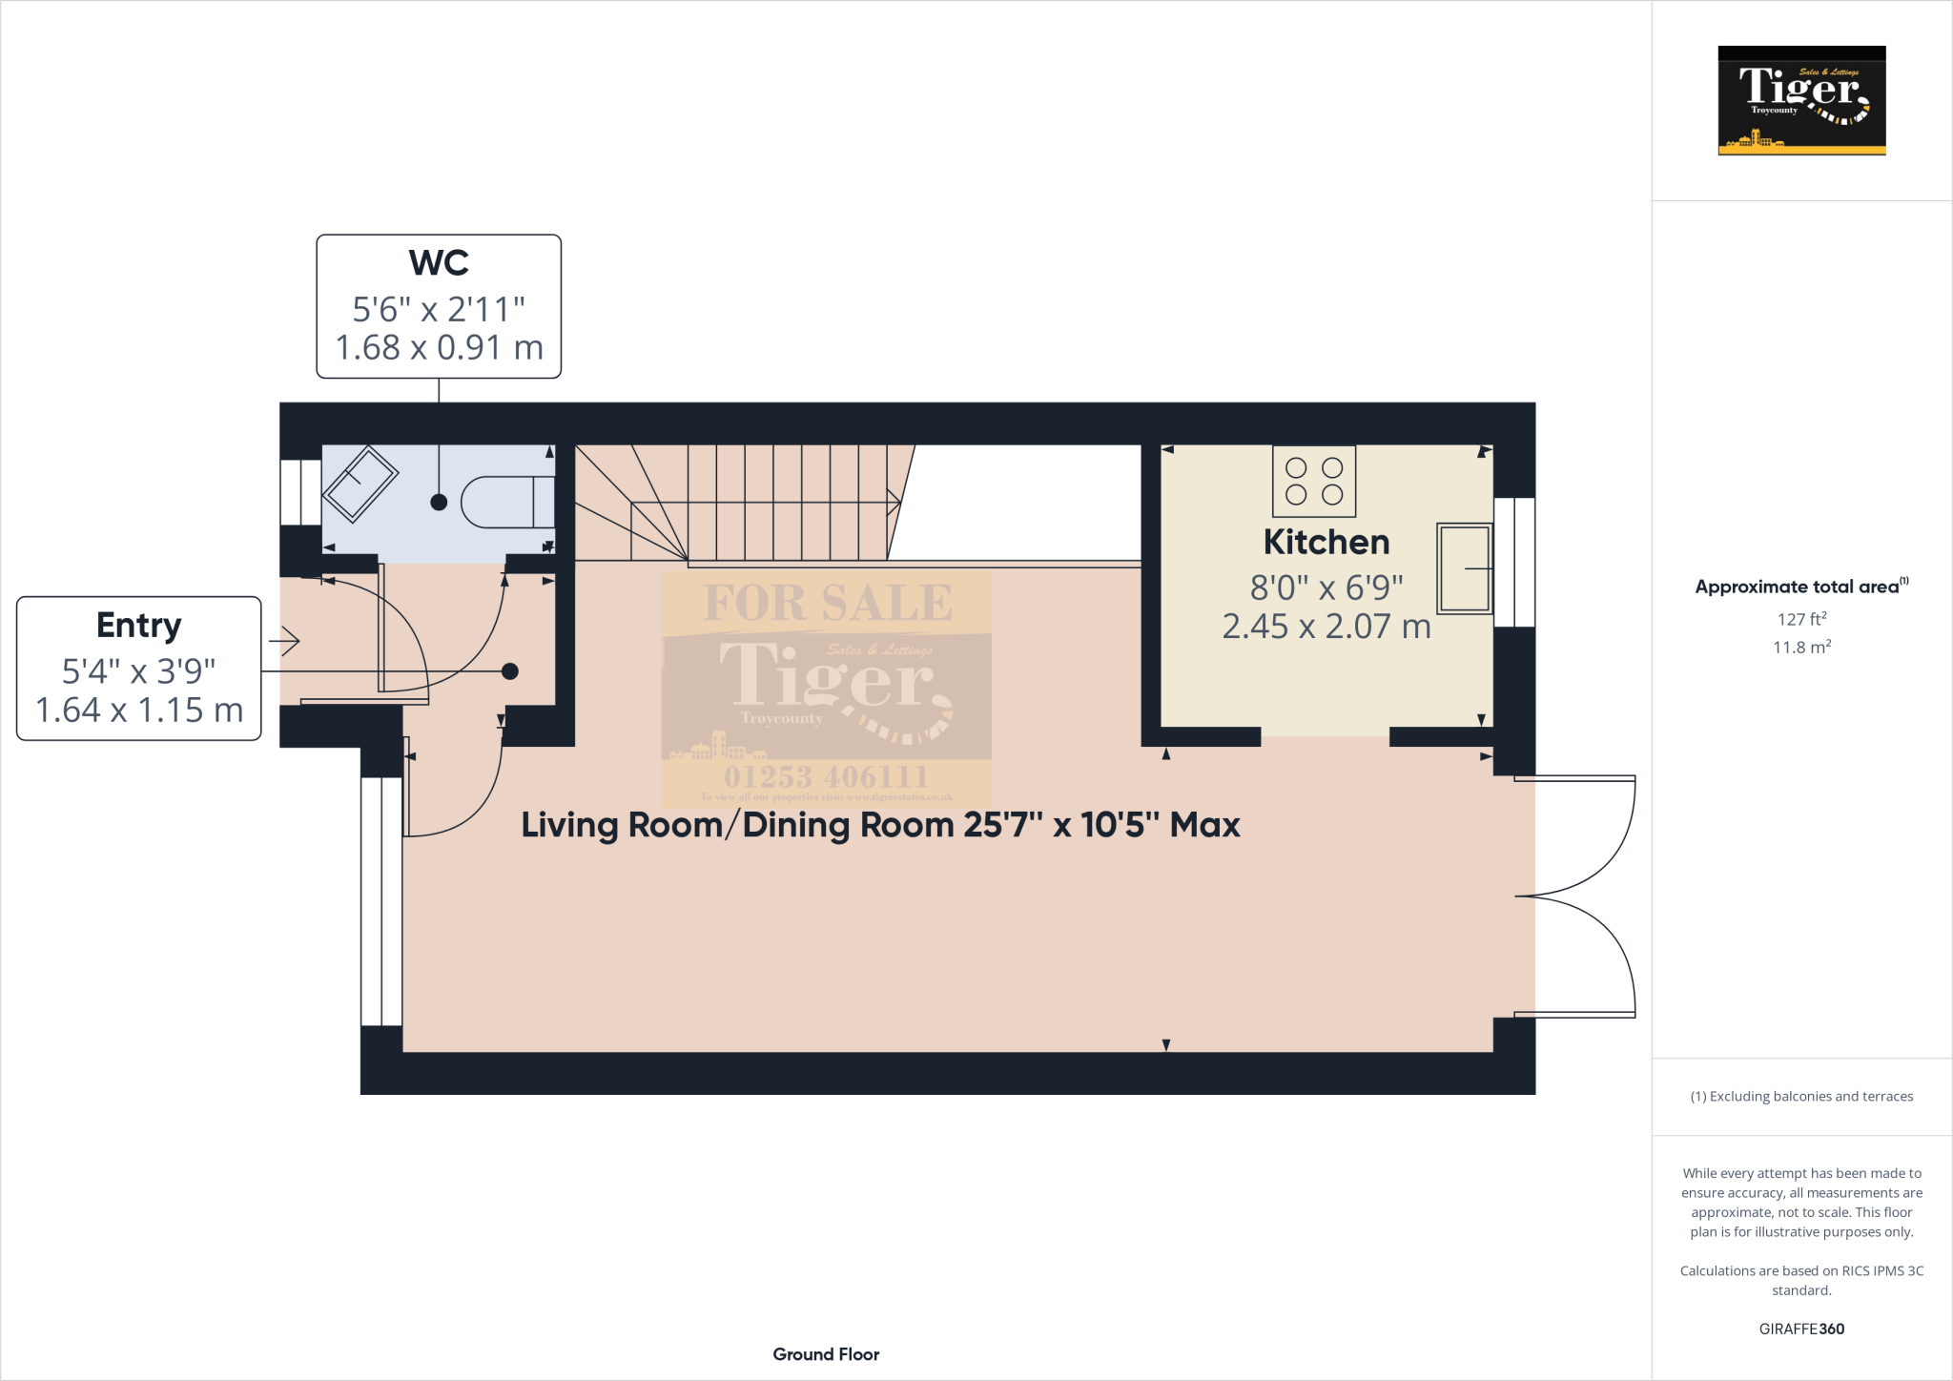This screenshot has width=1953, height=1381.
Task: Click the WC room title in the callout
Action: click(x=439, y=263)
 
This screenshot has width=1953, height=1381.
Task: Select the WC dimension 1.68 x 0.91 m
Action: click(x=439, y=348)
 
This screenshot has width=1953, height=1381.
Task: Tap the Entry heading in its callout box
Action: click(x=139, y=626)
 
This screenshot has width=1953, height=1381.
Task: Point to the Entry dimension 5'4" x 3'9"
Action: click(x=139, y=671)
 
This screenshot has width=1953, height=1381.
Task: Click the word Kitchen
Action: click(x=1326, y=543)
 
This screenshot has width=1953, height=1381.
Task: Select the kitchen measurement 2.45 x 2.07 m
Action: click(x=1326, y=627)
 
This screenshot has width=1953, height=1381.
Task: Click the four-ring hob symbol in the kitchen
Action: click(x=1314, y=481)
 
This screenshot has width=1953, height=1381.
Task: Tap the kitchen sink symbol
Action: click(x=1464, y=567)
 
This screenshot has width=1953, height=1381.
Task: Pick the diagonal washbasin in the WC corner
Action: click(x=360, y=484)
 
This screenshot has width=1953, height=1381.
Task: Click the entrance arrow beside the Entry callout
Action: click(x=285, y=641)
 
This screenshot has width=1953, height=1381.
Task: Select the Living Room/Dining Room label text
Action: click(x=879, y=825)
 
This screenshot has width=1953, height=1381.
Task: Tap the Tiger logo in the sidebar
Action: click(x=1801, y=100)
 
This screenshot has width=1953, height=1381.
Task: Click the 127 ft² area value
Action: click(x=1800, y=619)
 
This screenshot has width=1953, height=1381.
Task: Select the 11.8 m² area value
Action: click(x=1800, y=648)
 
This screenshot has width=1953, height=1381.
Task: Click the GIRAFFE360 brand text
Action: click(x=1800, y=1329)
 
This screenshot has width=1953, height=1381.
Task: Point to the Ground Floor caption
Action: click(x=826, y=1354)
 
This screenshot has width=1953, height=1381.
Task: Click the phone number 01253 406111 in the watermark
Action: click(x=826, y=776)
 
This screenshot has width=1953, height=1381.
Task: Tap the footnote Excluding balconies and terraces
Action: click(x=1800, y=1097)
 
